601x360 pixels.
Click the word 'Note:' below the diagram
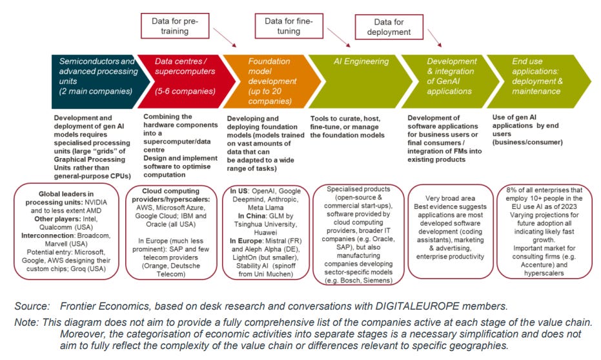pyautogui.click(x=29, y=321)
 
